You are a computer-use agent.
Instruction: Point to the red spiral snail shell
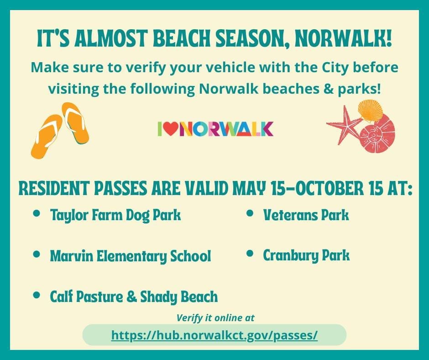click(x=377, y=134)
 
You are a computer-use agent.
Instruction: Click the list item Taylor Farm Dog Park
click(x=115, y=215)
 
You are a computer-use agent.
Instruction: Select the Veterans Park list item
click(x=306, y=215)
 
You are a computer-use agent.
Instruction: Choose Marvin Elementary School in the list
click(x=131, y=256)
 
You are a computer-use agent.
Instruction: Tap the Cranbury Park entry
click(x=306, y=255)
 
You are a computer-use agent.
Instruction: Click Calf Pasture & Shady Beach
click(x=134, y=297)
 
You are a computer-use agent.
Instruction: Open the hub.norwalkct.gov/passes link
click(x=214, y=335)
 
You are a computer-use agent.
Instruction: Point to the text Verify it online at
click(x=215, y=318)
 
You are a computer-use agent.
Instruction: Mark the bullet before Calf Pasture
click(x=37, y=295)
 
